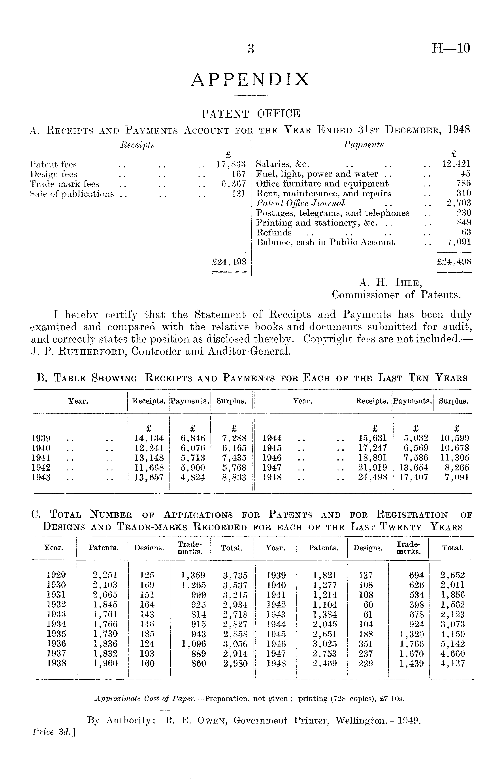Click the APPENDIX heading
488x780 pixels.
(x=250, y=80)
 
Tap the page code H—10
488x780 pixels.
(x=451, y=48)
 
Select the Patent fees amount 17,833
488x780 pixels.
(x=231, y=165)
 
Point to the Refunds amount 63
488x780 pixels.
(x=466, y=232)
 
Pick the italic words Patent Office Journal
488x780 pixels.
(x=300, y=203)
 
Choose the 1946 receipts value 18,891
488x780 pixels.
(x=372, y=458)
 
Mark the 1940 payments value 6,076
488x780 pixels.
(x=193, y=448)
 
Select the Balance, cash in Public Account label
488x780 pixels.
(x=325, y=242)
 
